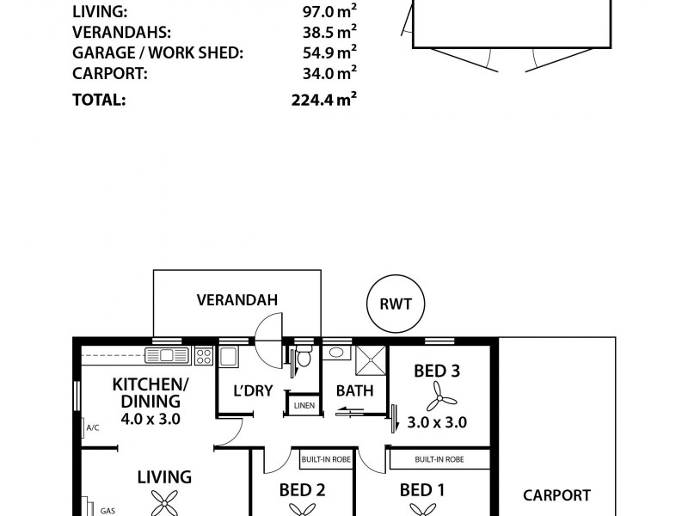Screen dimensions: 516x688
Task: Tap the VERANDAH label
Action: tap(236, 300)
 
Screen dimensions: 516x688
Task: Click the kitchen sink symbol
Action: tap(167, 355)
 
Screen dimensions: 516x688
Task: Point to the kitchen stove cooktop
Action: tap(204, 355)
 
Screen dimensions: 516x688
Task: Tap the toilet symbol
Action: tap(302, 357)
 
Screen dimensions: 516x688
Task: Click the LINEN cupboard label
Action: tap(304, 405)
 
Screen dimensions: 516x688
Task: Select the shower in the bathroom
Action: tap(372, 359)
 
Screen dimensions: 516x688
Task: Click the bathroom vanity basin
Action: tap(335, 353)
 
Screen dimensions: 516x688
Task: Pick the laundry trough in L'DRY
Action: tap(229, 356)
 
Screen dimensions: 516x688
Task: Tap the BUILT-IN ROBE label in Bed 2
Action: tap(323, 460)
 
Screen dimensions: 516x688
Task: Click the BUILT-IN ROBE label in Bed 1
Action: tap(439, 460)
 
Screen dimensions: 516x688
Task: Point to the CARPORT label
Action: tap(556, 495)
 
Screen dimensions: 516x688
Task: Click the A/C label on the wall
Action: tap(91, 427)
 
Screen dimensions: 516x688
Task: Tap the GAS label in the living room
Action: tap(107, 511)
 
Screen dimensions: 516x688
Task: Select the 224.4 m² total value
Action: tap(323, 99)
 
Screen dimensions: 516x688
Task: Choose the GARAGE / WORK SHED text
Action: tap(157, 53)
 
